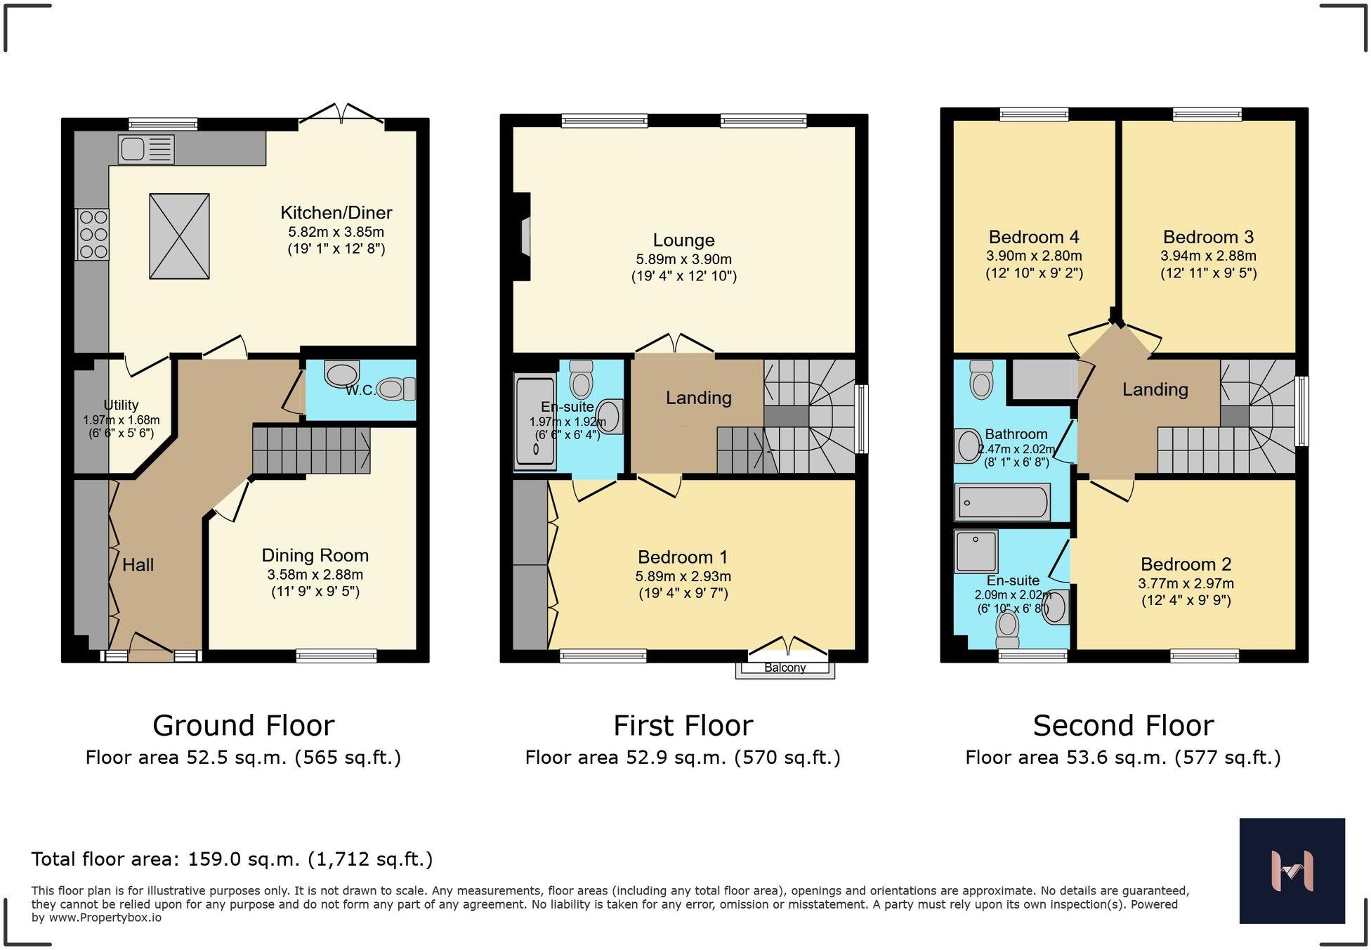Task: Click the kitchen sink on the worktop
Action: click(x=146, y=150)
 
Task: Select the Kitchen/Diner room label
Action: click(x=336, y=213)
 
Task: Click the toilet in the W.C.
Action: click(x=396, y=389)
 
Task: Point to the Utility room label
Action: click(x=121, y=405)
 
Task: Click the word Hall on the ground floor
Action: click(x=138, y=565)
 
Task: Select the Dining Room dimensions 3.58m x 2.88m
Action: click(x=315, y=575)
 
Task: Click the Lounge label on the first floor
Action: click(x=683, y=241)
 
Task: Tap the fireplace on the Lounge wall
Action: click(x=522, y=237)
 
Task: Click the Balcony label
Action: click(x=785, y=668)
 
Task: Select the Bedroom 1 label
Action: click(x=683, y=557)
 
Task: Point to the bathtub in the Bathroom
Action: click(x=1002, y=502)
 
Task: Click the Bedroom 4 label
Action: click(x=1034, y=237)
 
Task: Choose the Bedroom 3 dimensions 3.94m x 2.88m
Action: click(x=1208, y=256)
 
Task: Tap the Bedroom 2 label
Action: click(x=1186, y=564)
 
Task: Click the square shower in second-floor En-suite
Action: click(x=976, y=551)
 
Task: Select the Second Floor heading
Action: click(x=1123, y=725)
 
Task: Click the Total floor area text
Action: click(x=232, y=859)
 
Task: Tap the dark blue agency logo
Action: click(x=1292, y=871)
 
